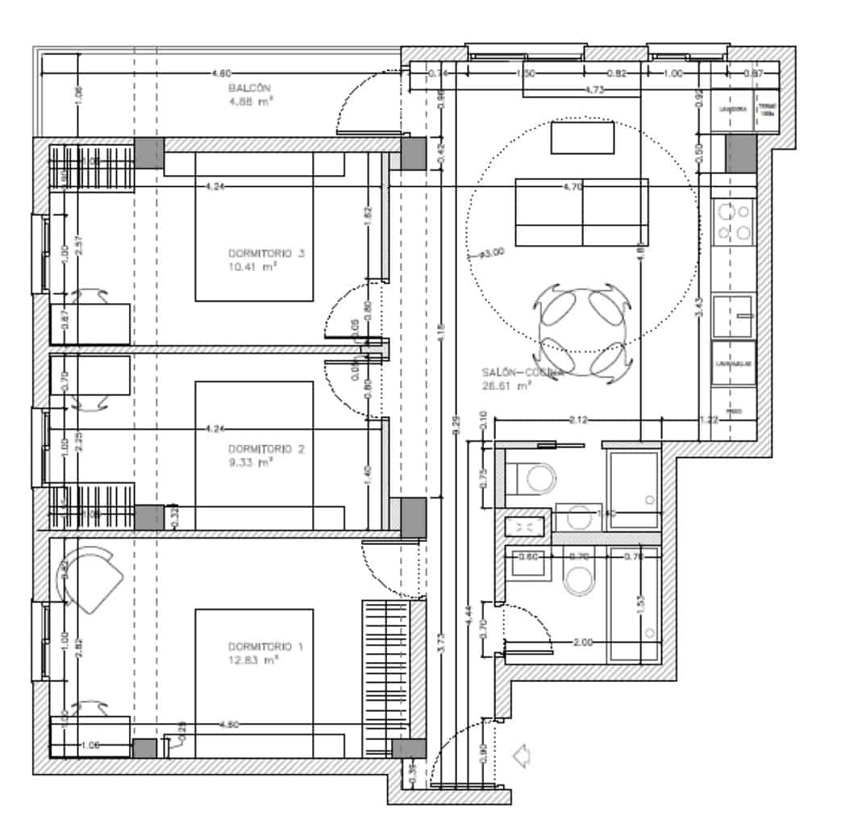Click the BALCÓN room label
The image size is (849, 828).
point(249,88)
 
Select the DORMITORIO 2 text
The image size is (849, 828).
point(265,449)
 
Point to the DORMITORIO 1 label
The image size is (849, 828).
point(265,647)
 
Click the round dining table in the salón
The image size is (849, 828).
point(581,329)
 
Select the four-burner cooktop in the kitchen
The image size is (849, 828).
point(734,222)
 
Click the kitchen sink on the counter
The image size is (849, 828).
point(734,315)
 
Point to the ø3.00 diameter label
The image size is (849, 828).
point(489,252)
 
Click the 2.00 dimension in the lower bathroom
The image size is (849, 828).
point(582,643)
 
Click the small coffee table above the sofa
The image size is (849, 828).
point(582,137)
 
